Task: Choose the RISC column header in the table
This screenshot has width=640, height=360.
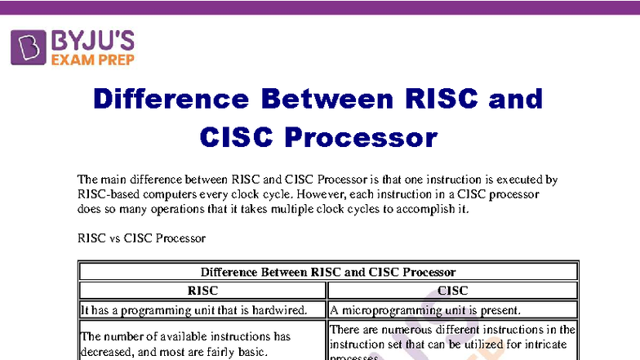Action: click(x=202, y=290)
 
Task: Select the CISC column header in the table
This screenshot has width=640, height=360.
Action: click(x=453, y=290)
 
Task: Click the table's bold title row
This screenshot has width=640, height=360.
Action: click(x=327, y=272)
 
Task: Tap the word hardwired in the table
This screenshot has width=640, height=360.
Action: click(x=275, y=309)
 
